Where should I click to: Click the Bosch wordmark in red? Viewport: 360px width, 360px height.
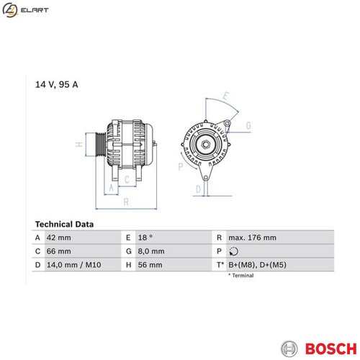click(330, 348)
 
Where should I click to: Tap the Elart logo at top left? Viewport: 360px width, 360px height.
click(25, 10)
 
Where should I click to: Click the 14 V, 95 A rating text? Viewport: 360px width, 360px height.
click(57, 84)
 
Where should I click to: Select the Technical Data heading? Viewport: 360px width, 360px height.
click(64, 224)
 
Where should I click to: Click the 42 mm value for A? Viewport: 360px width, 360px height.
click(59, 238)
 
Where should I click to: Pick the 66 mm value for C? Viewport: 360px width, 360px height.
click(59, 251)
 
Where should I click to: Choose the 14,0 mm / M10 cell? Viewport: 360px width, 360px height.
click(74, 265)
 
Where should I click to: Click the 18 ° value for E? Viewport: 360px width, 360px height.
click(145, 238)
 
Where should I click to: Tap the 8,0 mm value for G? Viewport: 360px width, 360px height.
click(151, 251)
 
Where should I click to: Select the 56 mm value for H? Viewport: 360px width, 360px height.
click(150, 265)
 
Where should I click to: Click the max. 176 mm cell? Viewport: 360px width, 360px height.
click(252, 238)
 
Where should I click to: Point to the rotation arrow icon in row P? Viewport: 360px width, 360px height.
click(233, 251)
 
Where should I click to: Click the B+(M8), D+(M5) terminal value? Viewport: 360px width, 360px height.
click(257, 265)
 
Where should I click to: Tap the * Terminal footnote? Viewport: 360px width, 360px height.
click(241, 276)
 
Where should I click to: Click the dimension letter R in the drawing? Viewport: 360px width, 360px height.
click(126, 202)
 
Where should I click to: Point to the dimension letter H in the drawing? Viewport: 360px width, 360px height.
click(79, 145)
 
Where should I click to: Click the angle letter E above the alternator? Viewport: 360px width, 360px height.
click(225, 96)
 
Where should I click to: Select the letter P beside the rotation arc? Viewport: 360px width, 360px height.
click(181, 166)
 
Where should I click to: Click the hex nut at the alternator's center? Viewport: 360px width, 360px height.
click(205, 144)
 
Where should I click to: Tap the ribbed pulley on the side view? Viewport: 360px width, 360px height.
click(100, 145)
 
